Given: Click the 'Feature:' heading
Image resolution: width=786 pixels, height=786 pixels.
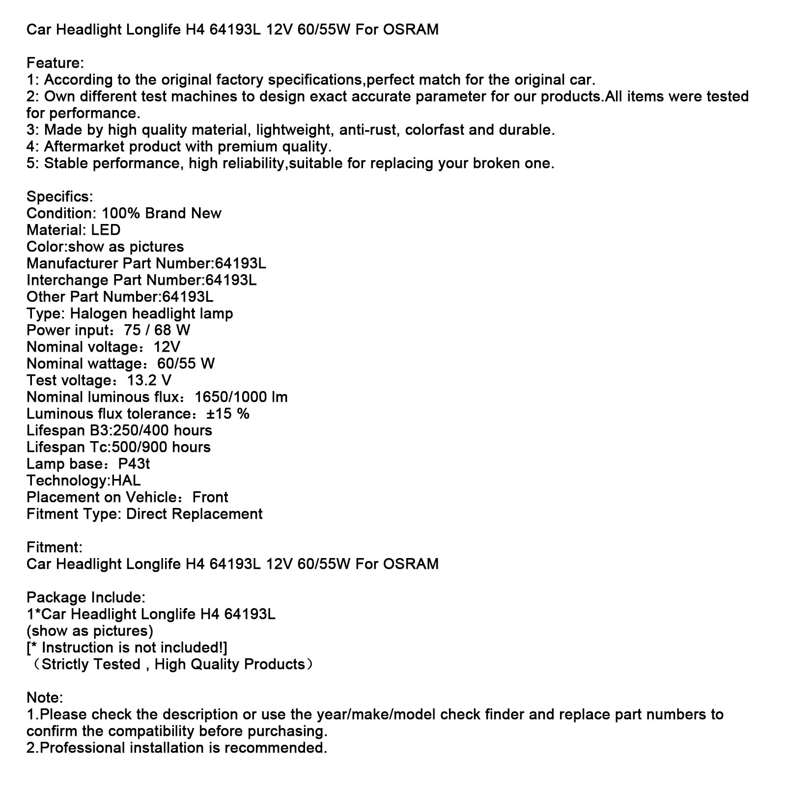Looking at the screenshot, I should (x=55, y=63).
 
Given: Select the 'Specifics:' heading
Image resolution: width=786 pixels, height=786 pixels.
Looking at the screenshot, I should (x=59, y=197).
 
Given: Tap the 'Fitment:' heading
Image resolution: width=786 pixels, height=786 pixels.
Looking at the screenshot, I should (x=55, y=548).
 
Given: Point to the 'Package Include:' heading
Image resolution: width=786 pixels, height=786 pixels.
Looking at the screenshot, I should (x=86, y=598).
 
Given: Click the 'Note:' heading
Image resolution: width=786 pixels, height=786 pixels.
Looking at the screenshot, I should (x=45, y=698).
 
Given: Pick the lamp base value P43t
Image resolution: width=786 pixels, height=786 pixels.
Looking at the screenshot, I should (x=134, y=464).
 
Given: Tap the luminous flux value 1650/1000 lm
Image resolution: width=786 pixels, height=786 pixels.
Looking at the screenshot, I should (x=241, y=397).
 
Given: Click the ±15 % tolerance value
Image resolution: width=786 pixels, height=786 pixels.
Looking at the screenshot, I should (x=228, y=414).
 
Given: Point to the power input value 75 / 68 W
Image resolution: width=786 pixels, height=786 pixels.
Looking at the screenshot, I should (x=157, y=331).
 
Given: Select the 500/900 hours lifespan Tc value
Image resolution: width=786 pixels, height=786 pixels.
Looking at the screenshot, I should (x=162, y=448).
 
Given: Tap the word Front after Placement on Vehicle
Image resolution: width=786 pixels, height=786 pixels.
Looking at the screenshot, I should (x=210, y=498).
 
